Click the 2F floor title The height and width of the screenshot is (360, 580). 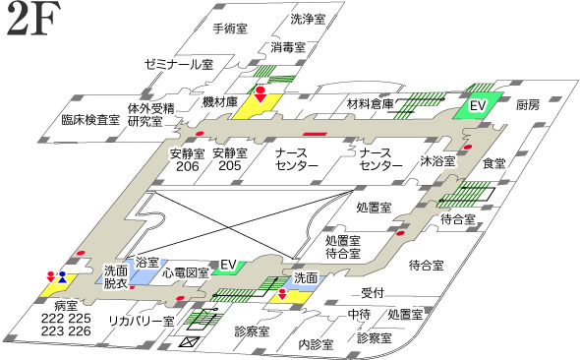click(x=34, y=22)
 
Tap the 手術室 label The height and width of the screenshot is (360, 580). click(x=233, y=29)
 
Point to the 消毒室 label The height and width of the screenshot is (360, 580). click(x=288, y=46)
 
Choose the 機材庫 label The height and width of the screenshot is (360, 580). click(x=219, y=101)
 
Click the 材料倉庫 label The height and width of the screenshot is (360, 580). click(x=371, y=103)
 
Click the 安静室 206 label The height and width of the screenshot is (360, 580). click(x=185, y=159)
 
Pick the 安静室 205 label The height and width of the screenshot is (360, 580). click(x=228, y=159)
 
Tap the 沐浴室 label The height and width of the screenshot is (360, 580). click(x=436, y=160)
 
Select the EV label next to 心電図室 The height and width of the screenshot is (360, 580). click(x=229, y=265)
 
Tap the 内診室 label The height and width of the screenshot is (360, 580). click(x=317, y=344)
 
